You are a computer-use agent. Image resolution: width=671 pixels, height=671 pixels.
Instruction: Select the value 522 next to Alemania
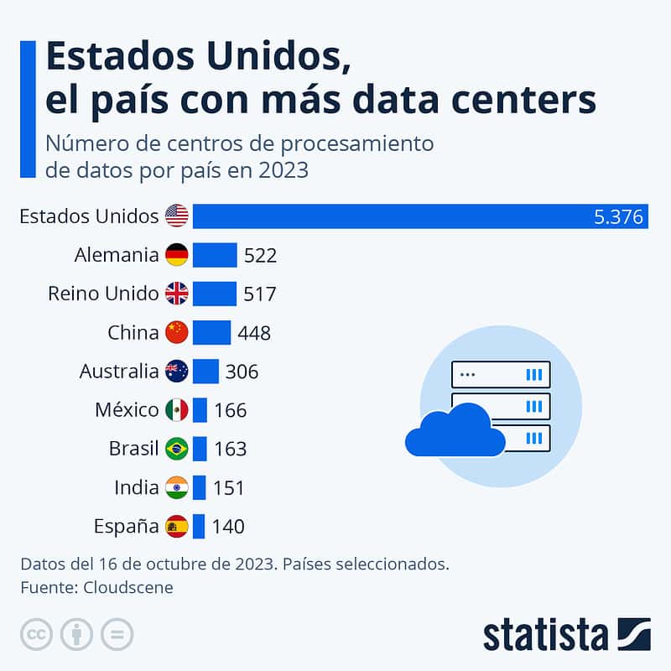pos(260,256)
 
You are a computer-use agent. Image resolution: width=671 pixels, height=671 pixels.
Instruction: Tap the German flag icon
pos(177,255)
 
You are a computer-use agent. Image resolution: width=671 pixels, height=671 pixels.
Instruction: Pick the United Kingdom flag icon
pos(177,294)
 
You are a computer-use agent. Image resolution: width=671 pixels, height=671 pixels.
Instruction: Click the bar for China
pos(211,332)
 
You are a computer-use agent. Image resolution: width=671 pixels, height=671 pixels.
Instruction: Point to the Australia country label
pos(118,371)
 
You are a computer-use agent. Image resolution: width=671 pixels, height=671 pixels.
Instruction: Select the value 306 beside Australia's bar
pos(242,372)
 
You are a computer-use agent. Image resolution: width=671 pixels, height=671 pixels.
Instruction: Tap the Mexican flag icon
pos(177,410)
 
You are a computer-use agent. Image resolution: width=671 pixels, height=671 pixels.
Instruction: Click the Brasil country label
pos(133,449)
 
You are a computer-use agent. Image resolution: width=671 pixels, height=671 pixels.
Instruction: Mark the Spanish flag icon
pos(177,527)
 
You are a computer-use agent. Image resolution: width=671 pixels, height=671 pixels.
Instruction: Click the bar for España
pos(199,527)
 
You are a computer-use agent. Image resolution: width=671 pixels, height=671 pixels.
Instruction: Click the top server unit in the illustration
pos(501,374)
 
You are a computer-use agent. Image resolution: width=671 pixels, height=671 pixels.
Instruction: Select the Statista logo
pos(566,634)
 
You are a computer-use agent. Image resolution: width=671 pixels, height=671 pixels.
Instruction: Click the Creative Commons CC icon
pos(37,633)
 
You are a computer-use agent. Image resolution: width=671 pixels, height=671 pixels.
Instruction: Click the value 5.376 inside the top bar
pos(618,217)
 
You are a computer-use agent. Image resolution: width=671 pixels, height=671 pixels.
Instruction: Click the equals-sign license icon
pos(117,633)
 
